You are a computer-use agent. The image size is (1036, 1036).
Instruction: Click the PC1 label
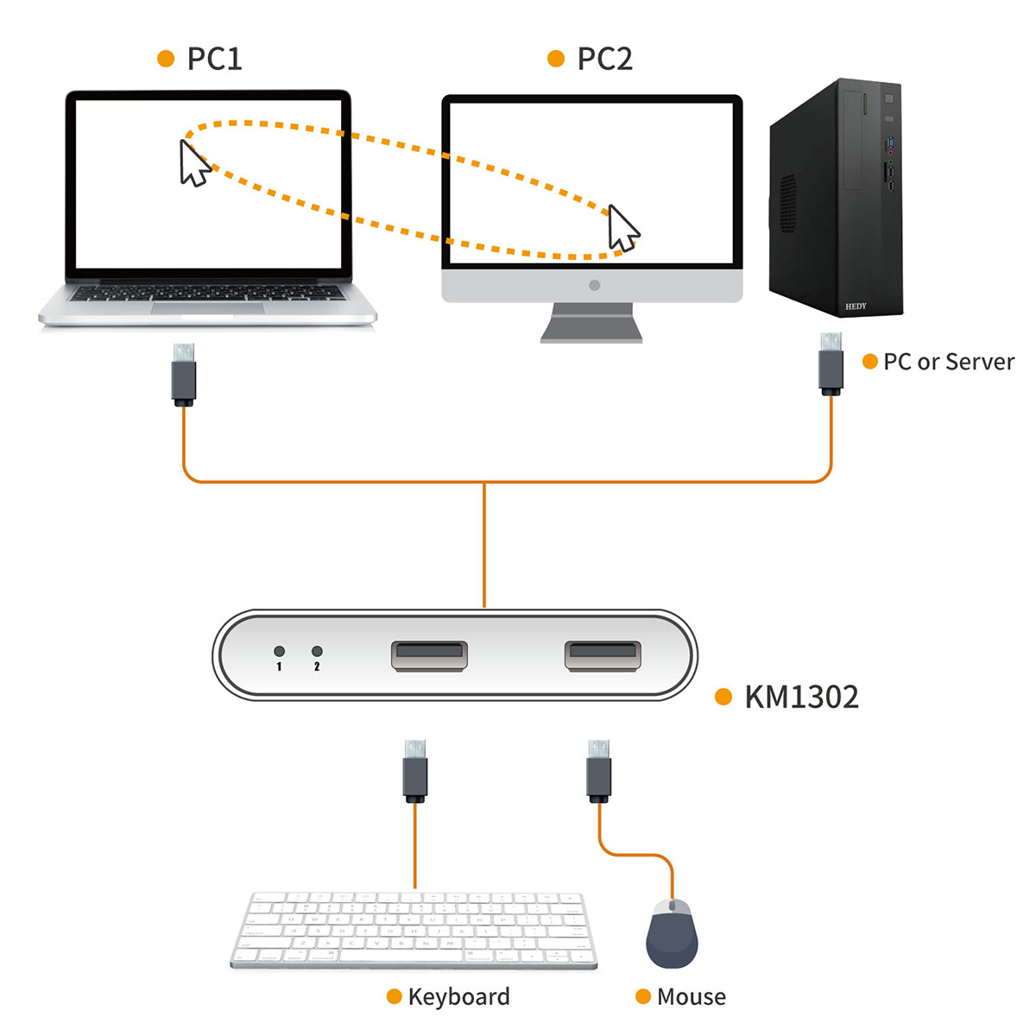[214, 59]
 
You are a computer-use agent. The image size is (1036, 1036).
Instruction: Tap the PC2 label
[604, 59]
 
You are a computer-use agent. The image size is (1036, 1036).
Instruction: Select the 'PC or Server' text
[948, 362]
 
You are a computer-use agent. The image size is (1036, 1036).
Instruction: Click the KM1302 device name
[801, 697]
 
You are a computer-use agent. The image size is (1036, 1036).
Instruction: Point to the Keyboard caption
[458, 997]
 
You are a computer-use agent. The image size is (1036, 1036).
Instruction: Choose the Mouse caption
[691, 997]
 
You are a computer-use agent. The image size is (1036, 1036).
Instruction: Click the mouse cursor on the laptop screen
[194, 162]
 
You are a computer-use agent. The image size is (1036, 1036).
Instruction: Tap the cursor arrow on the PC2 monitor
[622, 229]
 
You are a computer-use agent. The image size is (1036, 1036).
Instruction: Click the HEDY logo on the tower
[856, 306]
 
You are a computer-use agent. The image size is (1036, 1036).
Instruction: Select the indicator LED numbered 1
[279, 651]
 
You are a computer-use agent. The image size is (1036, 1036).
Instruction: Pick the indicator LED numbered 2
[317, 651]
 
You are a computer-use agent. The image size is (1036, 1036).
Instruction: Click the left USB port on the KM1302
[429, 656]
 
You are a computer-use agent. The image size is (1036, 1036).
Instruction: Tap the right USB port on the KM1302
[603, 656]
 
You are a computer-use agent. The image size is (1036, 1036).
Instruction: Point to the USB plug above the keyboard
[415, 770]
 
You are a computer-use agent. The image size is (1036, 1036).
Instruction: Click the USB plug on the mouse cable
[598, 770]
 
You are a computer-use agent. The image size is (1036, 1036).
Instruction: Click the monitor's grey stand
[592, 323]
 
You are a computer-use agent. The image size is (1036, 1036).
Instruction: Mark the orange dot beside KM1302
[723, 697]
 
